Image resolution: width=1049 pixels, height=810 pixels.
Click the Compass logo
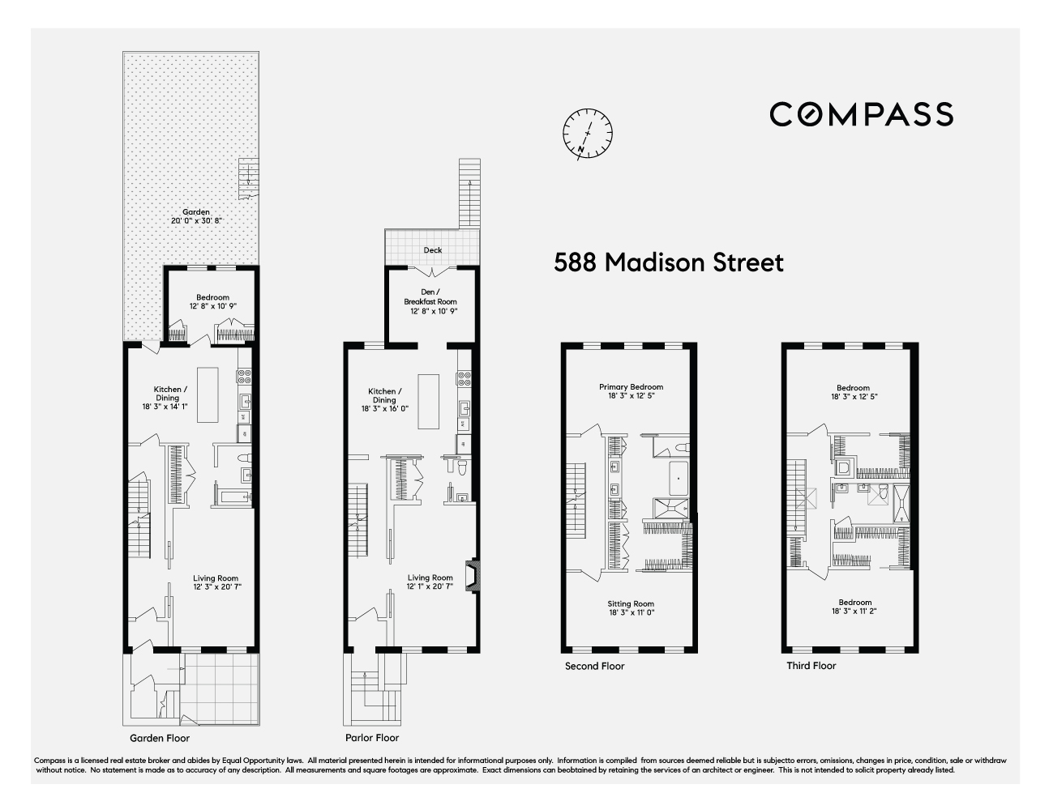click(x=861, y=114)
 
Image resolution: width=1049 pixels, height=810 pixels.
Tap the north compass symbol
click(x=588, y=133)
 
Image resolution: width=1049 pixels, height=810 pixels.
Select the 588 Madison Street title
click(x=669, y=262)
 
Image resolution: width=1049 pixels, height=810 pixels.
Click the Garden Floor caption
click(x=160, y=738)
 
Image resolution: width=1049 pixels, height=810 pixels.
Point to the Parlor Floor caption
click(x=372, y=738)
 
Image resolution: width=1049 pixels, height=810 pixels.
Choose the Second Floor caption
click(x=595, y=666)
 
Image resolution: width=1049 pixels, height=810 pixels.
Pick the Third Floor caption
click(x=811, y=666)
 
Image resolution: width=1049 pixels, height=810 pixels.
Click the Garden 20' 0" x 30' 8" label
click(x=196, y=216)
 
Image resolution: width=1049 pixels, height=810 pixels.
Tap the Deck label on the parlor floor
click(x=433, y=250)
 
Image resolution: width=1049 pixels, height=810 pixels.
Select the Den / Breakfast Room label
click(x=431, y=301)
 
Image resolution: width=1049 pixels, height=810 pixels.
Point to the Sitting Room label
click(x=631, y=608)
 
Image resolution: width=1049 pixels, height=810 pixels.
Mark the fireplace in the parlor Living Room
click(x=469, y=575)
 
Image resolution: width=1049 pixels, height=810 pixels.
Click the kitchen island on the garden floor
click(x=209, y=394)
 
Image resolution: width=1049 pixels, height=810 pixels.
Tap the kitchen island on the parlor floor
click(x=428, y=401)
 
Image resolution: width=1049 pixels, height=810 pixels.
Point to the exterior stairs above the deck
click(x=469, y=193)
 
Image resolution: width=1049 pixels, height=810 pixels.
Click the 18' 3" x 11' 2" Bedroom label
click(x=855, y=607)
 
